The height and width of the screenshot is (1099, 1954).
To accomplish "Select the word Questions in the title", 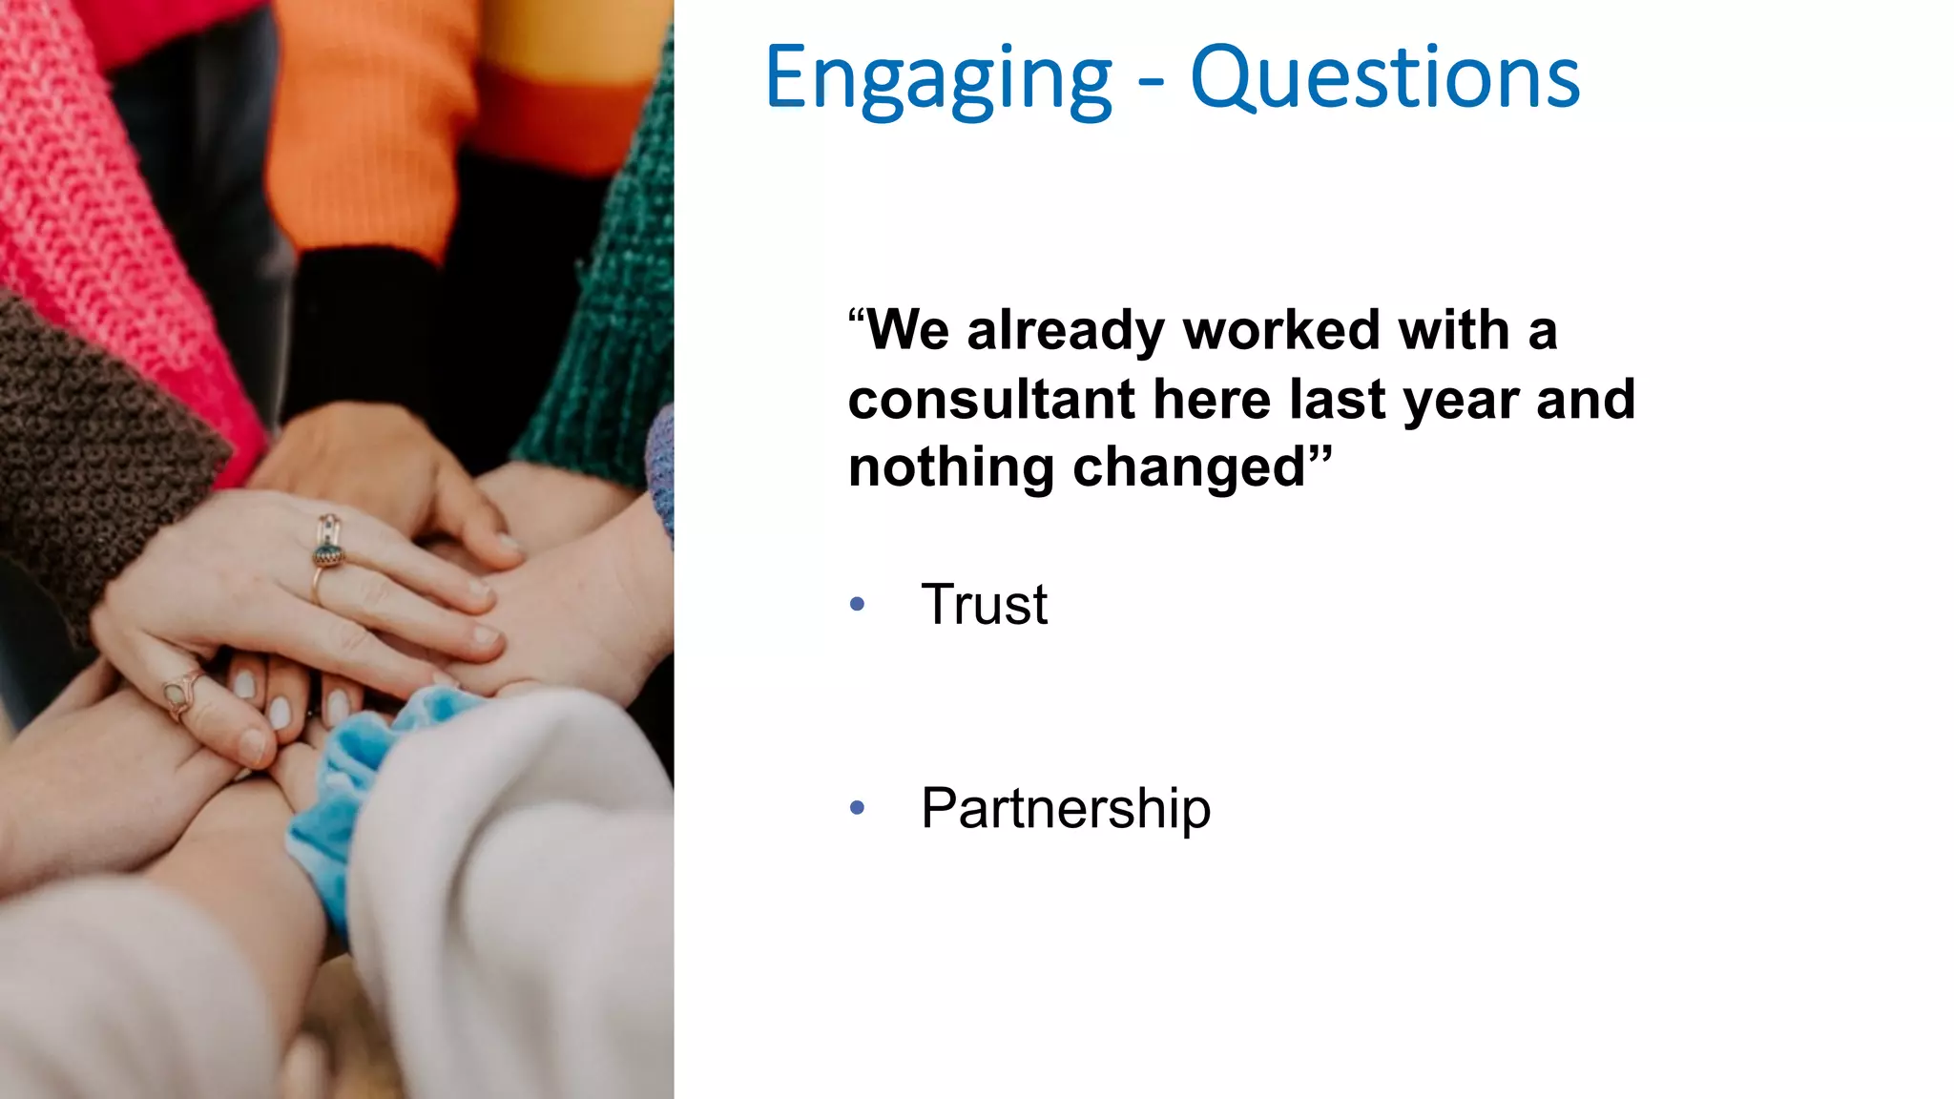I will tap(1384, 78).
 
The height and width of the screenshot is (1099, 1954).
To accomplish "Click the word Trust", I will tap(984, 605).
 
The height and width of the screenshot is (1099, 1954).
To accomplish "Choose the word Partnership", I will tap(1065, 809).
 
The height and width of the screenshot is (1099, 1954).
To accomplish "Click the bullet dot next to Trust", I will tap(857, 605).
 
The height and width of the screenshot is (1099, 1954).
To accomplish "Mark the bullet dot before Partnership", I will tap(857, 809).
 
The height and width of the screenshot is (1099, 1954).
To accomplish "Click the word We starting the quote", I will tap(906, 331).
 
